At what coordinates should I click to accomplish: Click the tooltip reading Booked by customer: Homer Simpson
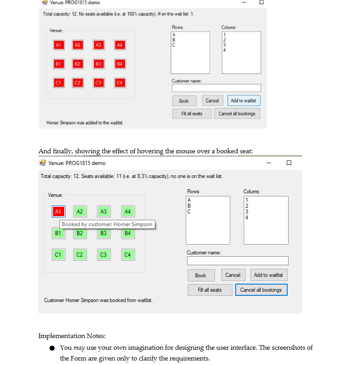click(107, 224)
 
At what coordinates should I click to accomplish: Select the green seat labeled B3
click(103, 233)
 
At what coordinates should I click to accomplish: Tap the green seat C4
click(128, 255)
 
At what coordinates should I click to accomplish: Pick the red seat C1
click(58, 83)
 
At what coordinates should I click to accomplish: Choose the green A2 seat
click(80, 211)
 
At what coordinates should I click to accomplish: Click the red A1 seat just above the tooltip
click(58, 211)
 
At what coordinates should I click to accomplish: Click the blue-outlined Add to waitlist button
click(244, 101)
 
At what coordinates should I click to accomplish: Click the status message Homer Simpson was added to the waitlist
click(85, 123)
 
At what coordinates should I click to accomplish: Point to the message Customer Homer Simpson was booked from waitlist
click(98, 300)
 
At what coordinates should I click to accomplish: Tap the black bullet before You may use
click(53, 348)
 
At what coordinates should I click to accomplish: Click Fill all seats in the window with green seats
click(209, 290)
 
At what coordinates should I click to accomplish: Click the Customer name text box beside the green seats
click(237, 261)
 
